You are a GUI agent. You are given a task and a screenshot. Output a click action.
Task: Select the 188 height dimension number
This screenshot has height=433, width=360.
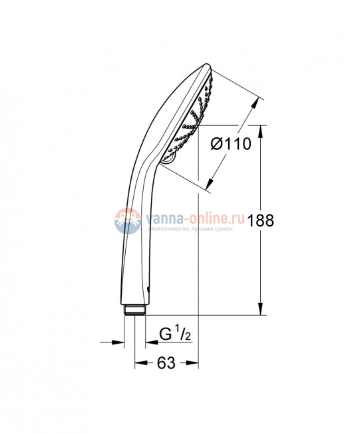260,222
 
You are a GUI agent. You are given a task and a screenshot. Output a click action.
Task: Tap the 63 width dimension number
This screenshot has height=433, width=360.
166,362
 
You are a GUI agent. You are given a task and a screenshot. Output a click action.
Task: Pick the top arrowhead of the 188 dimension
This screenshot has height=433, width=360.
260,130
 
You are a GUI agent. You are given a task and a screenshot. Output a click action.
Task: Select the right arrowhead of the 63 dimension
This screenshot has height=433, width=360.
195,362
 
